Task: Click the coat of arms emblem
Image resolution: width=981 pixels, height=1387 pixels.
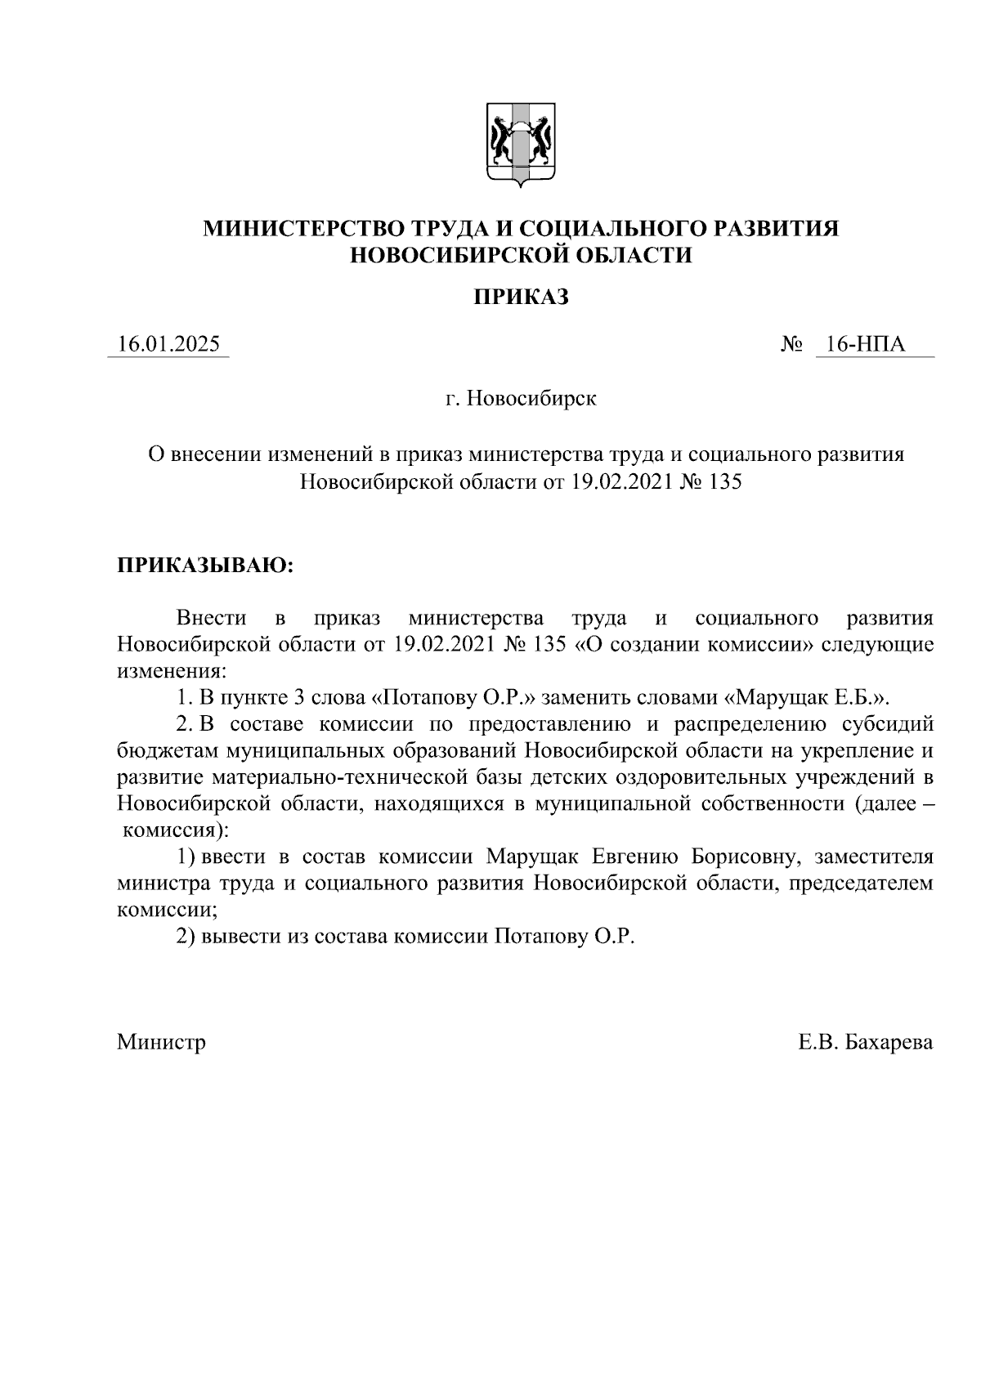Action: (x=521, y=145)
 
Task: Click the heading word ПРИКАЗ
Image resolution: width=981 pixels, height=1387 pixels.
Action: (x=521, y=298)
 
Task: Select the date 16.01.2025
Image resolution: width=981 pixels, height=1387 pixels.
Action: (x=168, y=345)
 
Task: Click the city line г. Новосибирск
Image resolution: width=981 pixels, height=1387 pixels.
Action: (x=521, y=399)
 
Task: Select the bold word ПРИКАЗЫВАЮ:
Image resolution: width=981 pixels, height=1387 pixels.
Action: (x=204, y=566)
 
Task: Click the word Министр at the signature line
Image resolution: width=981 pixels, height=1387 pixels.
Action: (x=161, y=1042)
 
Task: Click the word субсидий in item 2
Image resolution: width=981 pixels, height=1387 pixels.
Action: (x=888, y=724)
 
